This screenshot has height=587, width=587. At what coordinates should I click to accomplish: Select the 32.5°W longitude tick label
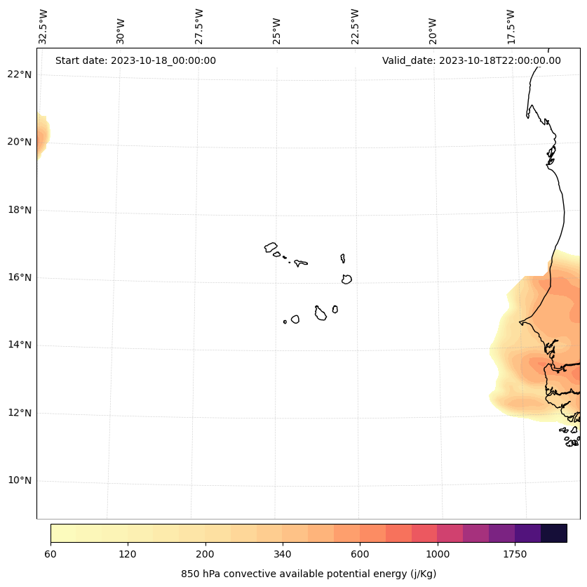pos(43,27)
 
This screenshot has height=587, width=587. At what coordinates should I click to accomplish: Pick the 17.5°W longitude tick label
pos(511,27)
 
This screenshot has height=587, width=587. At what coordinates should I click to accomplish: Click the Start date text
pos(135,60)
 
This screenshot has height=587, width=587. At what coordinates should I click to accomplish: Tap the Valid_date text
pos(471,60)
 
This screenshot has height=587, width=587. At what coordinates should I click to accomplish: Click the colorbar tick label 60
pos(50,555)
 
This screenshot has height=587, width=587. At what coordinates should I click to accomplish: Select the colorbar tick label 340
pos(283,555)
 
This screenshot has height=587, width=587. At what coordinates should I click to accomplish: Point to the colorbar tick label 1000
pos(438,555)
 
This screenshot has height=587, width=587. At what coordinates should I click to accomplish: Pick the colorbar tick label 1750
pos(515,555)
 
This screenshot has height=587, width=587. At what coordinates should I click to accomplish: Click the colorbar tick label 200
pos(205,555)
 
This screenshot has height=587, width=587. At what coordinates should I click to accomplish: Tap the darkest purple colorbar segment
pos(554,533)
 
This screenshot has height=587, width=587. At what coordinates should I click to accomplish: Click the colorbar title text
pos(309,574)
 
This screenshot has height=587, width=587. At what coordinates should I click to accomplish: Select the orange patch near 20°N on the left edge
pos(42,136)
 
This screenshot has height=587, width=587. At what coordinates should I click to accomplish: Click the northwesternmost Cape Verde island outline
pos(271,247)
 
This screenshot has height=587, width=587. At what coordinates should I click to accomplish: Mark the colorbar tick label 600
pos(360,555)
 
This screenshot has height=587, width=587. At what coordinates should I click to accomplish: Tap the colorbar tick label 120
pos(128,555)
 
